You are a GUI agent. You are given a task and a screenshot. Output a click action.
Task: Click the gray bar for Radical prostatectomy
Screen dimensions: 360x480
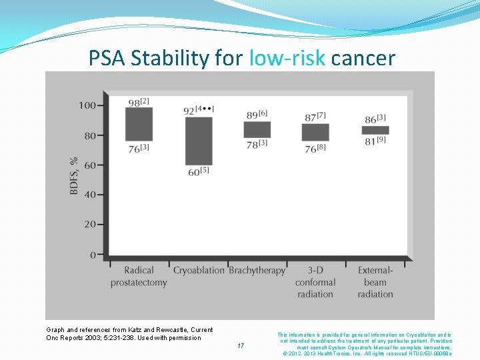[x=139, y=124]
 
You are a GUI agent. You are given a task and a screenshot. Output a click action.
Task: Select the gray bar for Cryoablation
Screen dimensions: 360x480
[x=199, y=141]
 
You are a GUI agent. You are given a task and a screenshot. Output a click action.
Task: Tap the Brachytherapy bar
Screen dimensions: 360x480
[x=257, y=129]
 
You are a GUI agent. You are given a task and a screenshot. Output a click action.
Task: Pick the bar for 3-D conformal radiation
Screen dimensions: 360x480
[x=315, y=132]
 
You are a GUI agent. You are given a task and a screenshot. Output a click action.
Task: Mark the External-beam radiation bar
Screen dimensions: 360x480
[x=375, y=130]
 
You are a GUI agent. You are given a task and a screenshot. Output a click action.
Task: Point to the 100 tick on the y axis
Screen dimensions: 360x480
[x=86, y=105]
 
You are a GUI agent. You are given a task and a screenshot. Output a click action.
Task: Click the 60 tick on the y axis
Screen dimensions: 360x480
[x=89, y=165]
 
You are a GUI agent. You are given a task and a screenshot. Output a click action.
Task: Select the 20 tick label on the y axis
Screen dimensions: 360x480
[x=89, y=225]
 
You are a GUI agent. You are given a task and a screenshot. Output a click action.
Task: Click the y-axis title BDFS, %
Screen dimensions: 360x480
[x=74, y=176]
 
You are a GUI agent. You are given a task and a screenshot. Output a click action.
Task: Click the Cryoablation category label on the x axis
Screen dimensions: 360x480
[x=199, y=271]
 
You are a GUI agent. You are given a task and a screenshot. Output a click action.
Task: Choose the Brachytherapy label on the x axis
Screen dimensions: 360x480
[x=257, y=271]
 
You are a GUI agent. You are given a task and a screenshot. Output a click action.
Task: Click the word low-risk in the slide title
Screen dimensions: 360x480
[x=287, y=59]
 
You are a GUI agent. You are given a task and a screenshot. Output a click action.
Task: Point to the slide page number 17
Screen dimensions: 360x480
[x=241, y=346]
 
